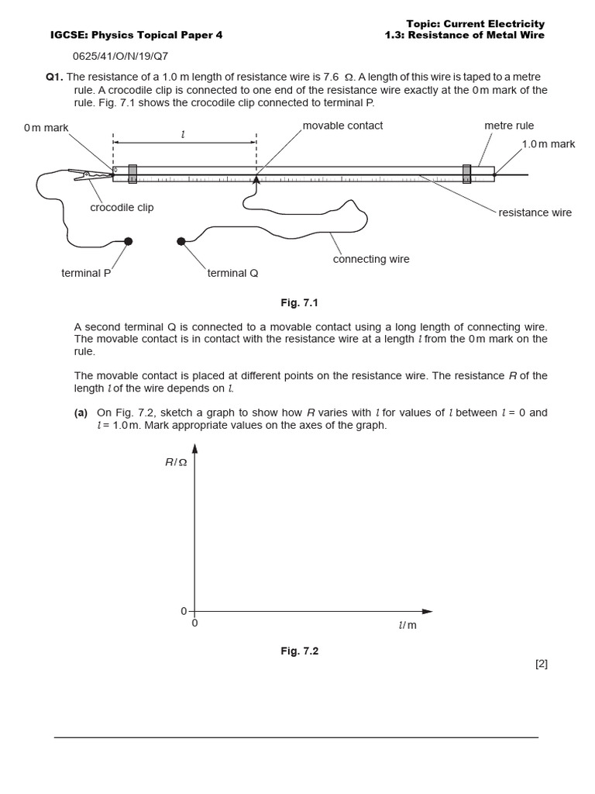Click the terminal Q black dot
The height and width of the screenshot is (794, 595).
click(x=181, y=241)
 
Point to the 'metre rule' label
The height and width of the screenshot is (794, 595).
click(x=509, y=126)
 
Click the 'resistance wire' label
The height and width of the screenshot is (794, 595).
click(x=535, y=212)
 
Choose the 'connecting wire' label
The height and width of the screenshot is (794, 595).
click(x=371, y=259)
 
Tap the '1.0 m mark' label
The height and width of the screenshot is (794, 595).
click(x=548, y=144)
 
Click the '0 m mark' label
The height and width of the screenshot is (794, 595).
click(x=46, y=128)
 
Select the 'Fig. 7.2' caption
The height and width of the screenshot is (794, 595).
click(x=299, y=651)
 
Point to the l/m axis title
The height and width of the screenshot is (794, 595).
click(x=408, y=625)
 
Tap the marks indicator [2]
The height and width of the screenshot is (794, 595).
click(x=541, y=664)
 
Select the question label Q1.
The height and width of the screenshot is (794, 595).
click(x=54, y=77)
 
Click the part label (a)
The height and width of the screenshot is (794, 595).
click(x=81, y=413)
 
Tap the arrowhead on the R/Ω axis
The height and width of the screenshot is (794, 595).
click(x=194, y=449)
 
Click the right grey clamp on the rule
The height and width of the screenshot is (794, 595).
click(x=466, y=174)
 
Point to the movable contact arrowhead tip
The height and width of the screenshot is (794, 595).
click(x=256, y=177)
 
